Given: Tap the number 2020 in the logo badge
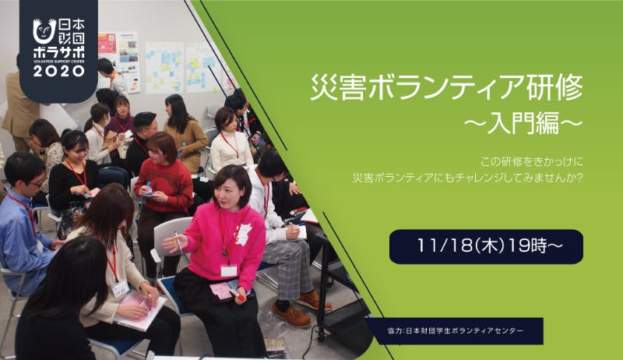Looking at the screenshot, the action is [59, 71].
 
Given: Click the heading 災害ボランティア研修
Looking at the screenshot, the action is [446, 87].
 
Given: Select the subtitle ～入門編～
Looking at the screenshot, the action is [523, 123].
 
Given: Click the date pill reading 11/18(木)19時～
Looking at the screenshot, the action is [486, 247].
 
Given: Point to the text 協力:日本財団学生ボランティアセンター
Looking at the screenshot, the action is [456, 330].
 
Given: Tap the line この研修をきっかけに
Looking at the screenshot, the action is [531, 162].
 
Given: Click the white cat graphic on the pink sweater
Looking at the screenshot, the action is [244, 234].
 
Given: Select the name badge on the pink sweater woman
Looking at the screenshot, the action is [229, 270].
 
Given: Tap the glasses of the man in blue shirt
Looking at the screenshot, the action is [37, 183].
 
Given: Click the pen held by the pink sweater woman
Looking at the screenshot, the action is [178, 242].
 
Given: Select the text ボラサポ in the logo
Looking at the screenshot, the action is [59, 52].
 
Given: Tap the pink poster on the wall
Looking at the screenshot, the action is [107, 44].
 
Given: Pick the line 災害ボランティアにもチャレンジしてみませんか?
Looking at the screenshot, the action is [467, 178].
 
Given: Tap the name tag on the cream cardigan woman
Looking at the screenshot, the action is [121, 288].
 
